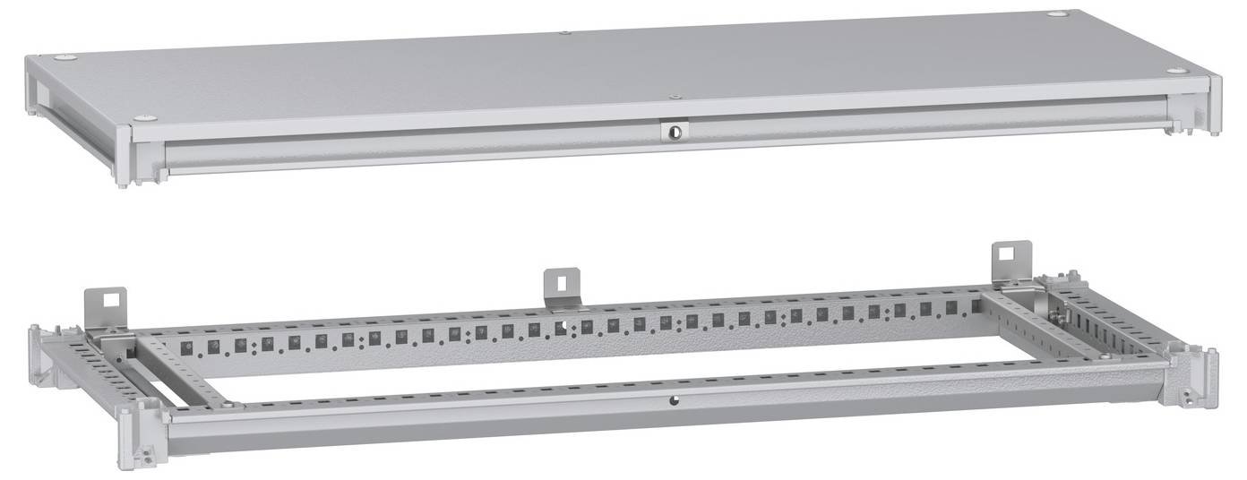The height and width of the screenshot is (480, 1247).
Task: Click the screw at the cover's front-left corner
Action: click(143, 118)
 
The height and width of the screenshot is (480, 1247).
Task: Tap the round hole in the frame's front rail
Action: click(673, 401)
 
